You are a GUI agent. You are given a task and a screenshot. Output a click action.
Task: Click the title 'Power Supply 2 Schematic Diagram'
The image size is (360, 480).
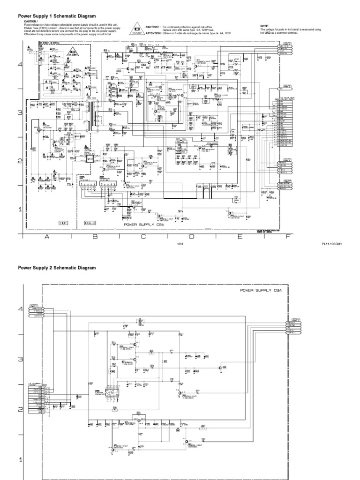click(x=57, y=268)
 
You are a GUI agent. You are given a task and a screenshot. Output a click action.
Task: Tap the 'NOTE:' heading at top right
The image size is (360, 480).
click(x=265, y=25)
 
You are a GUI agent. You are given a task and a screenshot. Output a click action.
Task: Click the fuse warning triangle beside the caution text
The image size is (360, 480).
click(x=136, y=28)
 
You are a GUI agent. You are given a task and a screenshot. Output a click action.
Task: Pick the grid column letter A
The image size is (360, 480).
click(x=46, y=237)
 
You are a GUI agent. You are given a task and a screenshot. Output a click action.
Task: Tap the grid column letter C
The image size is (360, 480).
click(x=143, y=237)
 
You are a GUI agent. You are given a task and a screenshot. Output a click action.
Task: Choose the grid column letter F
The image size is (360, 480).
click(x=288, y=237)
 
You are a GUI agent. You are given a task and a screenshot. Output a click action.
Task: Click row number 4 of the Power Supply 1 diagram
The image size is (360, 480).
click(x=20, y=64)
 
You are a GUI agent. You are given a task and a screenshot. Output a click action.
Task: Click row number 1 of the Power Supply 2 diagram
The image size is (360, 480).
click(x=20, y=460)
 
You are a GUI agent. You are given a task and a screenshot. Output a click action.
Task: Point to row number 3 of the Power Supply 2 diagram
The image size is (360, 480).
click(x=20, y=359)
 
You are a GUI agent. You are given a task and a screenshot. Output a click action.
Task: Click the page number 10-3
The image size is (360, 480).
click(x=180, y=244)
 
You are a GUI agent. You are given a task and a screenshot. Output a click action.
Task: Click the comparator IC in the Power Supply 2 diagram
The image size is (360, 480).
click(x=111, y=392)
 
